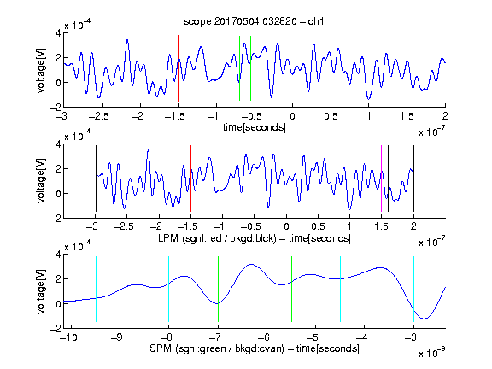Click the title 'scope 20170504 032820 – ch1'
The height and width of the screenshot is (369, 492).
(254, 21)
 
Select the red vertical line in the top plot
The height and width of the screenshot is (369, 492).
(178, 68)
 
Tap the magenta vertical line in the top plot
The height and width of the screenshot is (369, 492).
(407, 68)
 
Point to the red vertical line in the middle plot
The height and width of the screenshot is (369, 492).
(190, 179)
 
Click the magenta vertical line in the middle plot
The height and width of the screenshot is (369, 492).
(381, 179)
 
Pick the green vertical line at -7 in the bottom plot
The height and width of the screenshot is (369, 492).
(218, 289)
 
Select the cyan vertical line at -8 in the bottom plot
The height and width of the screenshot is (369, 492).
(169, 289)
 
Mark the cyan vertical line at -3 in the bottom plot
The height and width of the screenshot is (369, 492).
(413, 289)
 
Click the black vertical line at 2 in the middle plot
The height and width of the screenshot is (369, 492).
(413, 179)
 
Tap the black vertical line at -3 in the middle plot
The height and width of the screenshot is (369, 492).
(96, 179)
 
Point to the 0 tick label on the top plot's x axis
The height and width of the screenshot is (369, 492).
(292, 116)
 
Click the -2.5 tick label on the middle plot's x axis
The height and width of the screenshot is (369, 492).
(124, 226)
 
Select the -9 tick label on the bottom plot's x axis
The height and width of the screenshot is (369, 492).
(118, 337)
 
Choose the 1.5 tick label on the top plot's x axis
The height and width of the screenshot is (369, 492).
(407, 116)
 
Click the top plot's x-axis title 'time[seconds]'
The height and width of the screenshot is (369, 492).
(255, 127)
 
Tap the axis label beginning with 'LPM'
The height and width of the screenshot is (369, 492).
(255, 238)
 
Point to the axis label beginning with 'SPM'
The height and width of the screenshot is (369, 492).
(255, 348)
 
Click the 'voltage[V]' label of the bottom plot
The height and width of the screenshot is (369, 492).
(41, 291)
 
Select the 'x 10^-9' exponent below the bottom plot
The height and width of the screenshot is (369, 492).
(432, 353)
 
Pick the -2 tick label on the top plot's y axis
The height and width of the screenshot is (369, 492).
(55, 108)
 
